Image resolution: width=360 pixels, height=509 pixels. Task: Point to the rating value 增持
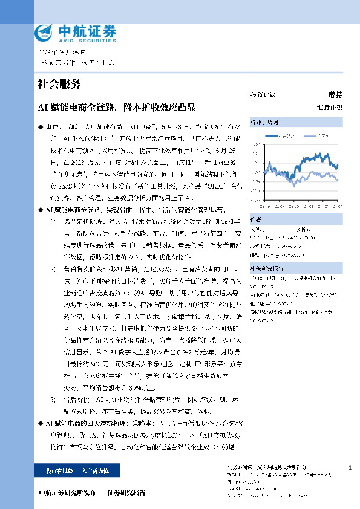[335, 95]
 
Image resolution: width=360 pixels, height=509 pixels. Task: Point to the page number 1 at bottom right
[350, 468]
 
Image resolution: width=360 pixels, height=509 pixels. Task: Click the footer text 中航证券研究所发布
[67, 493]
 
